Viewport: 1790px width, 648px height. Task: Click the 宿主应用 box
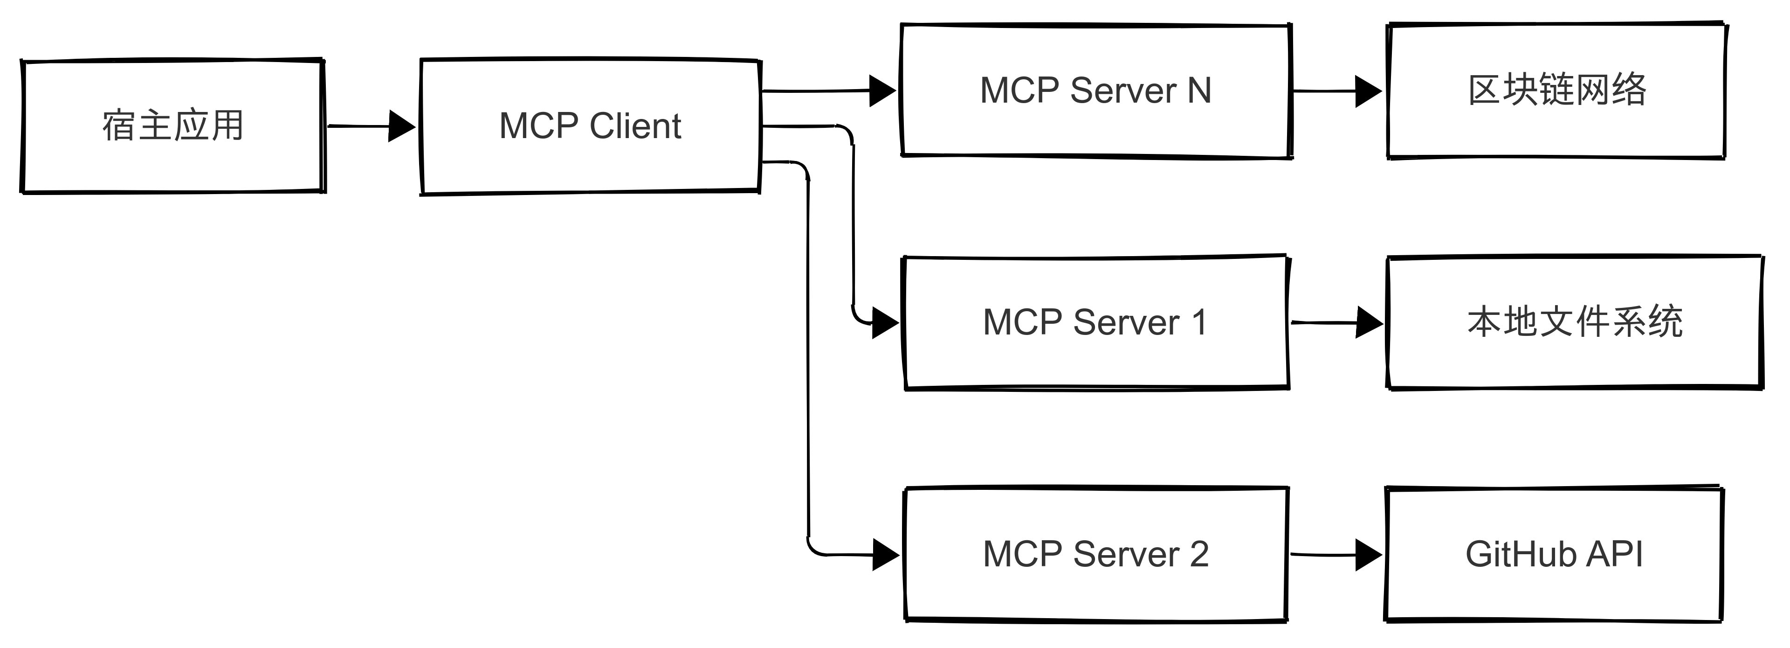(172, 126)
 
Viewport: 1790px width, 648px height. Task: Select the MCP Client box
(591, 126)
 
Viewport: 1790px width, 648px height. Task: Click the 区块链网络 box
(1556, 91)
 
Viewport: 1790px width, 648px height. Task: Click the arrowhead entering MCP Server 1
(885, 323)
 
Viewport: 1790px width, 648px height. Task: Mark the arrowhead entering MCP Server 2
(885, 555)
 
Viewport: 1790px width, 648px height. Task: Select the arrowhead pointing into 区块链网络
(1368, 91)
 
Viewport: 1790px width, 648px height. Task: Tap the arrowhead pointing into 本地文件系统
(1369, 323)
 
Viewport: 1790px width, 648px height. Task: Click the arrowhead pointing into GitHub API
(1368, 555)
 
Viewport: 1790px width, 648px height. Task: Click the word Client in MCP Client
(635, 126)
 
